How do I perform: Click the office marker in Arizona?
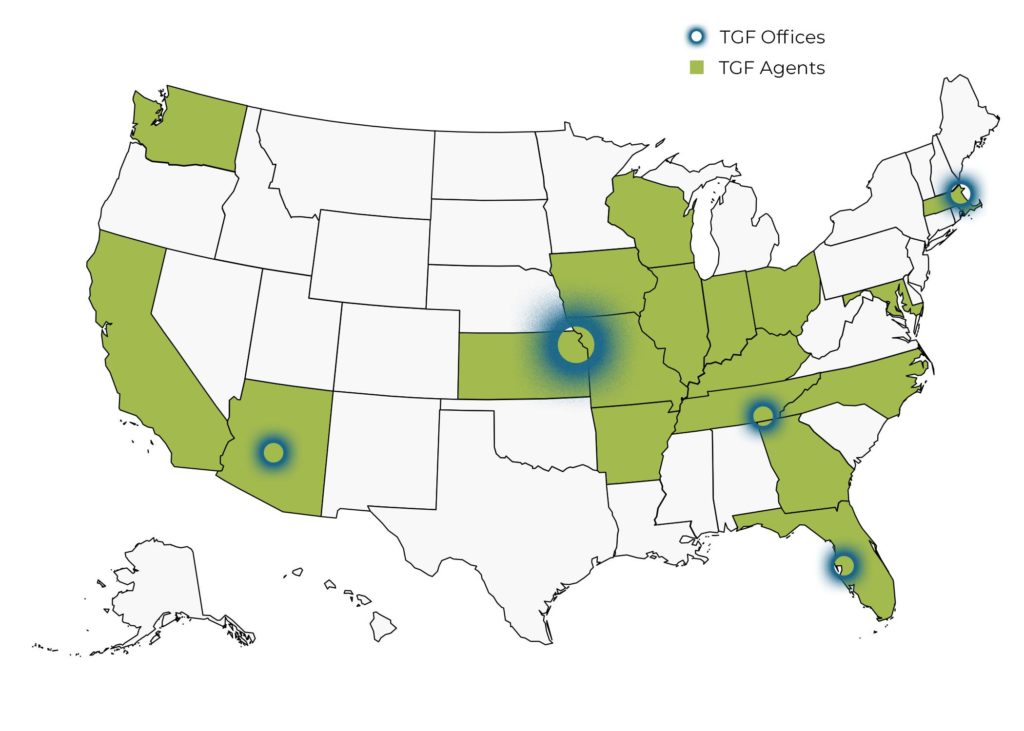[x=273, y=452]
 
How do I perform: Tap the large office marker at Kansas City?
[x=572, y=347]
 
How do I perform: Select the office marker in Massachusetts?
[x=960, y=193]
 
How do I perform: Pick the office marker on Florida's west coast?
[x=843, y=566]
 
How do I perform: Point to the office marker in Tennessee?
[x=763, y=415]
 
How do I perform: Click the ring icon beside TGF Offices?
[x=697, y=37]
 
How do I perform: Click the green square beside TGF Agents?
[x=697, y=68]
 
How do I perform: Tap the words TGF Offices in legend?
[x=772, y=37]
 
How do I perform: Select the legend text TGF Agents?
[x=771, y=68]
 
